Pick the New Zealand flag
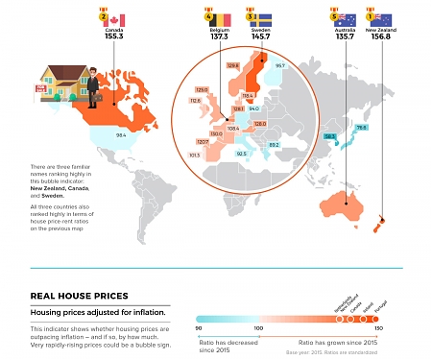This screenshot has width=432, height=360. coord(382,19)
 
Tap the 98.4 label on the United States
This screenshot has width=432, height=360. coord(121,135)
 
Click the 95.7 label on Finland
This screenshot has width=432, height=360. coord(280,65)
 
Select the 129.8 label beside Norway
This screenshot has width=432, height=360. coord(232,65)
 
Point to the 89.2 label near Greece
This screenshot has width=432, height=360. coord(274,144)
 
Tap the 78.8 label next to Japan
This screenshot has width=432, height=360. coord(362,127)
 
